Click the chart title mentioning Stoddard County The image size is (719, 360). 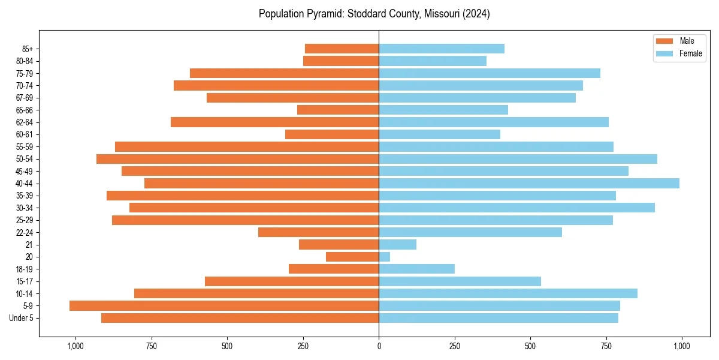point(374,14)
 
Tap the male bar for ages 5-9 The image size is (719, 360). point(224,306)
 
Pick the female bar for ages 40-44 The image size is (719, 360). point(529,184)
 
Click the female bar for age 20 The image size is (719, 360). point(385,257)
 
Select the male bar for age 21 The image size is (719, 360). point(339,245)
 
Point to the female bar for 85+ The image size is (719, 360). point(442,49)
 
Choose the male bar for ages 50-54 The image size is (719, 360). point(238,159)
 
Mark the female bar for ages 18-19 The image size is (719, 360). point(417,269)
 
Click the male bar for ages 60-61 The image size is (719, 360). point(332,134)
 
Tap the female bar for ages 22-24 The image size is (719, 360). point(470,232)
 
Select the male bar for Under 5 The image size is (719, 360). point(240,318)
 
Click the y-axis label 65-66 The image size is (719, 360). point(23,110)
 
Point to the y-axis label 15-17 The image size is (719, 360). point(23,281)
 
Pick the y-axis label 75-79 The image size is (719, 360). point(23,73)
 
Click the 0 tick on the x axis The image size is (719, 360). point(379,346)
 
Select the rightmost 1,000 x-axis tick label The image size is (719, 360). point(682,346)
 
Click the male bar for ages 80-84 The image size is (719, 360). point(341,61)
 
